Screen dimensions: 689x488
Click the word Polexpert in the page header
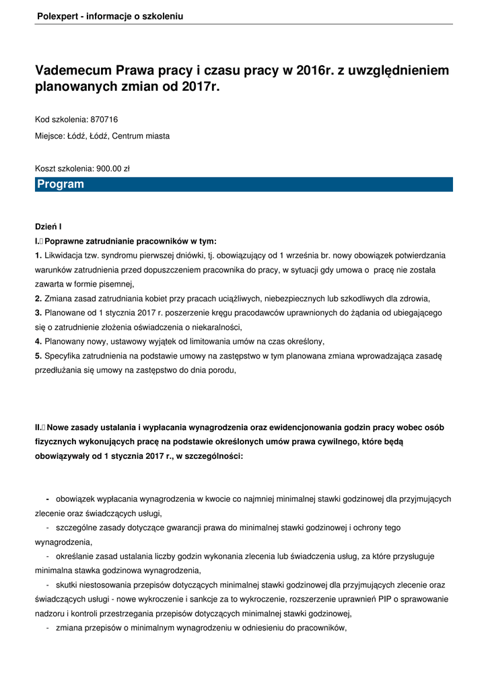[x=57, y=15]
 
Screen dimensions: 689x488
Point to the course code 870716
[x=104, y=120]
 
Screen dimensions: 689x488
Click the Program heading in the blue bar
[x=61, y=184]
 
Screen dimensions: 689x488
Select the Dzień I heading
[x=48, y=227]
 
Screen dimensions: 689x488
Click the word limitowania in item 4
[x=219, y=341]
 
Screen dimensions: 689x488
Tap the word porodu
[x=221, y=370]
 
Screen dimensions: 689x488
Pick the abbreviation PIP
[x=382, y=599]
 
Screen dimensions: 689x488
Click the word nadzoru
[x=50, y=614]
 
